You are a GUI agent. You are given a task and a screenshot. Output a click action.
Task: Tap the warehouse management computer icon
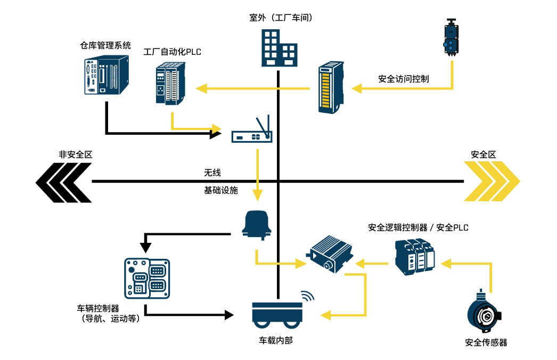(107, 75)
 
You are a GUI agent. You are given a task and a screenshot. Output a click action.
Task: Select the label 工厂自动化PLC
(173, 52)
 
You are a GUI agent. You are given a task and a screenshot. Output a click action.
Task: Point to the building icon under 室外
(278, 48)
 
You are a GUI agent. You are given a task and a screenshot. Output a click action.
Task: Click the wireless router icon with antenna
(252, 131)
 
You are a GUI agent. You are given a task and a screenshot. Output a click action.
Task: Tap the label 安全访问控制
(404, 79)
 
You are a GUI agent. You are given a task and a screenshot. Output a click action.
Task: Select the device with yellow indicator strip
(331, 88)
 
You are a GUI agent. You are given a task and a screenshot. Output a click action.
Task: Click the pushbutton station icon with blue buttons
(452, 38)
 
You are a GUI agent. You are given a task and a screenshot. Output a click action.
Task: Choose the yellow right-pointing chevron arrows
(491, 181)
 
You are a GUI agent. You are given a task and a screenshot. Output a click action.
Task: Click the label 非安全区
(76, 154)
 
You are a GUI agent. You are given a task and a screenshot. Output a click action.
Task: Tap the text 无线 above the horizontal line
(212, 173)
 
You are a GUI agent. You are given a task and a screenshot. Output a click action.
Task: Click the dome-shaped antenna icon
(257, 224)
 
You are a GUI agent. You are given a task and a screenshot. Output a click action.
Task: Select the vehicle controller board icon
(146, 278)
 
